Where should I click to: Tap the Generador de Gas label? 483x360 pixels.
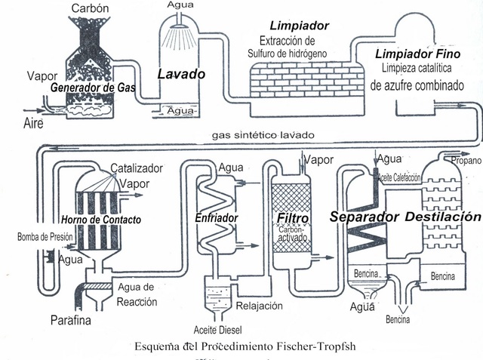[92, 88]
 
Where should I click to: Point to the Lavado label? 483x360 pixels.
[181, 74]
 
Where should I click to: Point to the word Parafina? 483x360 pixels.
[71, 320]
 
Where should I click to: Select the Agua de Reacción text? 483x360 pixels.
[137, 294]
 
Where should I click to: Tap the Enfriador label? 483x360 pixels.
[217, 217]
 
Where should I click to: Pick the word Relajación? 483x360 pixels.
[259, 306]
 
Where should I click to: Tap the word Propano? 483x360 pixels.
[466, 160]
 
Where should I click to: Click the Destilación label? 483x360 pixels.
[442, 217]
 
